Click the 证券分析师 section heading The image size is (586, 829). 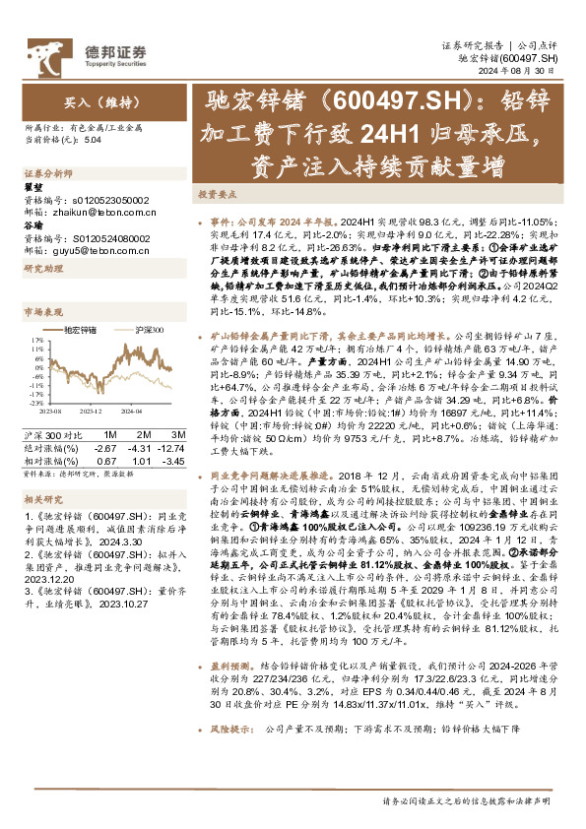[47, 171]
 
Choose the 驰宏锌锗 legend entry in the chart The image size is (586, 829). [80, 328]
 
